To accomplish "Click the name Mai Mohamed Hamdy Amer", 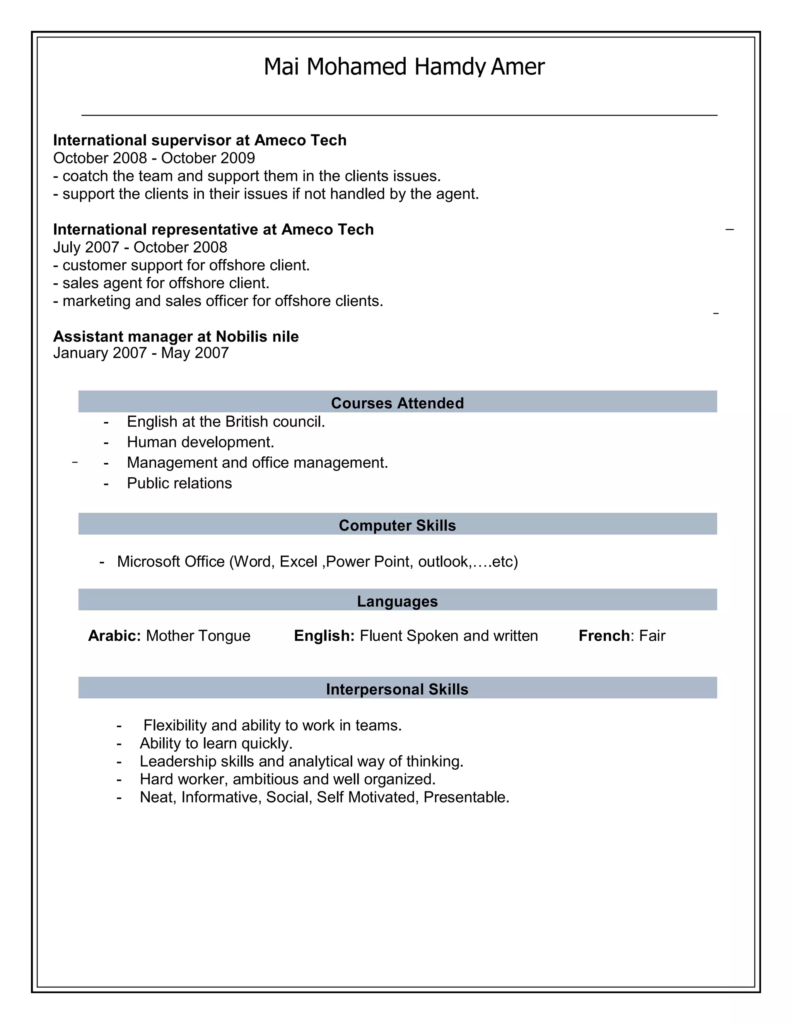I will [x=404, y=66].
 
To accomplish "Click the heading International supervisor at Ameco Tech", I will [x=200, y=140].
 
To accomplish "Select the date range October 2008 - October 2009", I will [x=154, y=158].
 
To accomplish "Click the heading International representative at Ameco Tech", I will [x=213, y=229].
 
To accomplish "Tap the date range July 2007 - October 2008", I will [x=140, y=247].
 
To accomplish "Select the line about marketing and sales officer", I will [x=218, y=301].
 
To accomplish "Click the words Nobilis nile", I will [x=257, y=336].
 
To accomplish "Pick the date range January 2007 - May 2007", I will [x=141, y=352].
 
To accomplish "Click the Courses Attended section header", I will [x=397, y=403].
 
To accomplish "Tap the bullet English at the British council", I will [x=226, y=422].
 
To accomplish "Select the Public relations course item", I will [x=179, y=483].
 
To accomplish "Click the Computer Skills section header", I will [x=397, y=525].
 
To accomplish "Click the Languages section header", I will [x=397, y=601].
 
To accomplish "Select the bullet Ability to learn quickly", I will [x=216, y=743].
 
